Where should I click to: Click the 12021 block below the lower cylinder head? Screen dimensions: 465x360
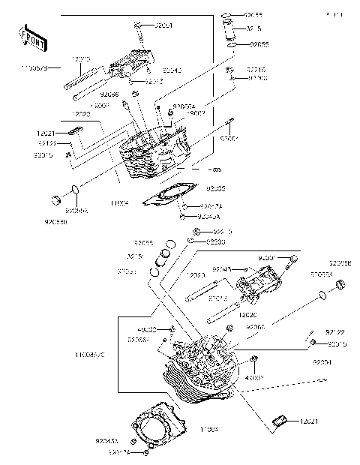282,421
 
